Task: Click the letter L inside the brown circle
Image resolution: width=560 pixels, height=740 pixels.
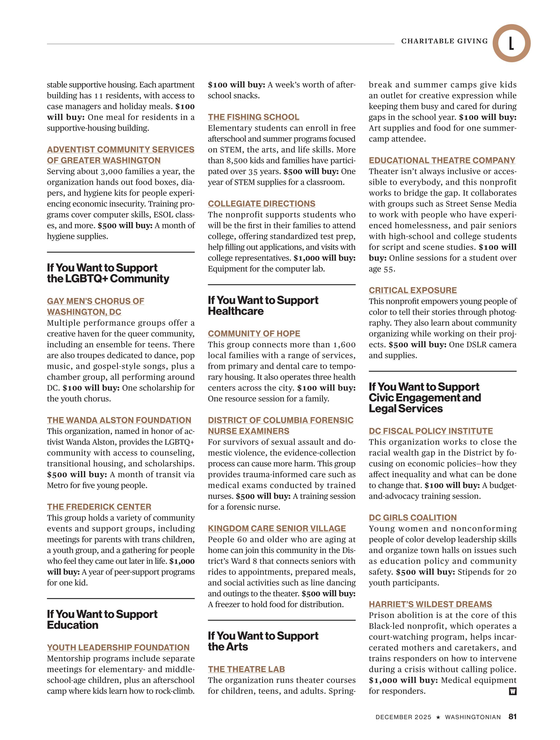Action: pyautogui.click(x=511, y=43)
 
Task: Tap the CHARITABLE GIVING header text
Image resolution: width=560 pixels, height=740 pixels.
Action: pyautogui.click(x=444, y=41)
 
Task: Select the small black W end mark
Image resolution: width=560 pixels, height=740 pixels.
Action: pyautogui.click(x=513, y=691)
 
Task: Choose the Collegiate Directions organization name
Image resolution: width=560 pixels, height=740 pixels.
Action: pyautogui.click(x=262, y=204)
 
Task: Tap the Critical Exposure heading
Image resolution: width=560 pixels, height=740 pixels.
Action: pyautogui.click(x=412, y=290)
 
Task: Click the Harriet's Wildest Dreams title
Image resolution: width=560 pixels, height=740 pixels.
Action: pyautogui.click(x=430, y=604)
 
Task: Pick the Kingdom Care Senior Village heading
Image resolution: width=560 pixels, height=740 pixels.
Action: pyautogui.click(x=277, y=529)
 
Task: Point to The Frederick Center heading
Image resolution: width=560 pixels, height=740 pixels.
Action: pyautogui.click(x=99, y=507)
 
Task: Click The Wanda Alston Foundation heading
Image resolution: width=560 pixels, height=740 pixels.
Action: pyautogui.click(x=119, y=420)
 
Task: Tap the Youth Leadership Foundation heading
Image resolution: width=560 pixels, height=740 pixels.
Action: pyautogui.click(x=118, y=647)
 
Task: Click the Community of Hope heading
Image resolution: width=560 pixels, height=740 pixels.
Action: pyautogui.click(x=254, y=334)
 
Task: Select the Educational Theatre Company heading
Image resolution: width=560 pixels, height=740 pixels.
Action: pyautogui.click(x=442, y=161)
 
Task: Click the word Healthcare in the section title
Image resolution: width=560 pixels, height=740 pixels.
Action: pyautogui.click(x=236, y=311)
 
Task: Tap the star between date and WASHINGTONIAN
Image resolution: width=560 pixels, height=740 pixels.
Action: pyautogui.click(x=438, y=717)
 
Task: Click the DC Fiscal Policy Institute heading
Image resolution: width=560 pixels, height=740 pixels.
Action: pyautogui.click(x=431, y=431)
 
